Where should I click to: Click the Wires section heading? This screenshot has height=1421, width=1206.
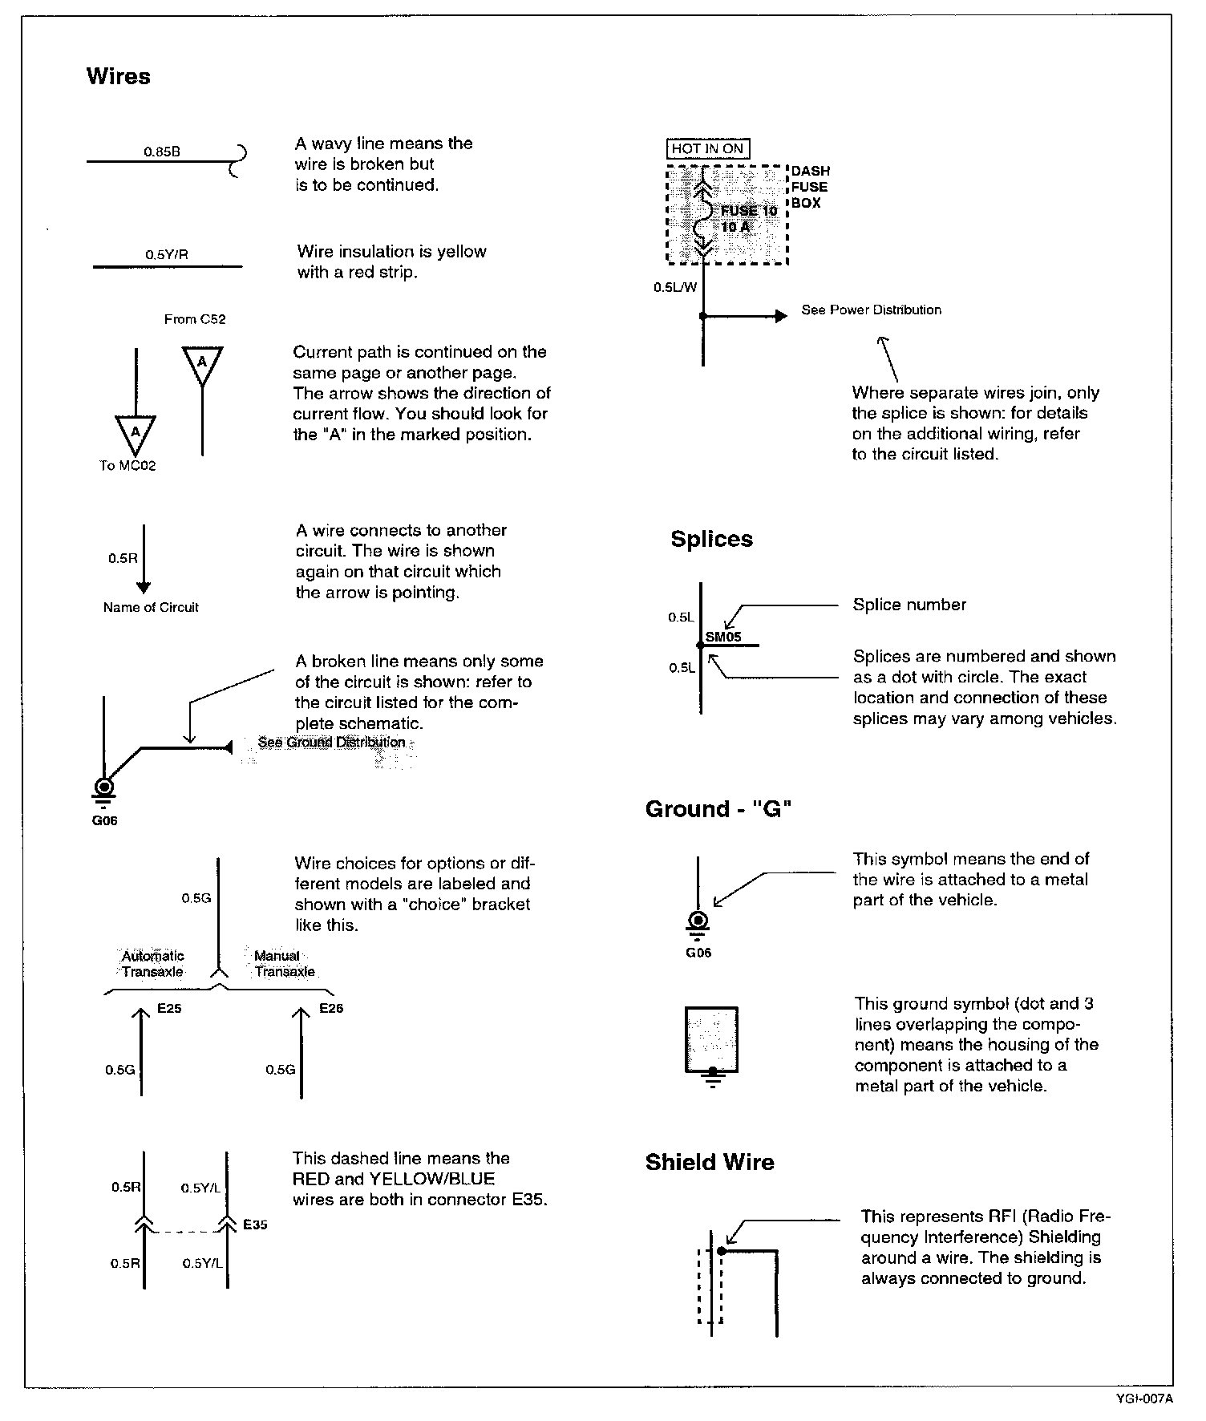pos(118,77)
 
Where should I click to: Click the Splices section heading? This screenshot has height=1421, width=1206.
pos(711,539)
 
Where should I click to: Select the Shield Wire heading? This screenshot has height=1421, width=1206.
pos(710,1162)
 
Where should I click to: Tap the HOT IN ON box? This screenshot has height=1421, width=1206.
pos(708,148)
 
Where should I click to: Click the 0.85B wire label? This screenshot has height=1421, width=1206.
pos(162,151)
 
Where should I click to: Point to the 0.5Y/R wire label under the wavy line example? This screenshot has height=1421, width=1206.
pos(167,255)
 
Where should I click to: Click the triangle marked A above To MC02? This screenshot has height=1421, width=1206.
pos(136,434)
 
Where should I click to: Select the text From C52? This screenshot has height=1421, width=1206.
pos(195,319)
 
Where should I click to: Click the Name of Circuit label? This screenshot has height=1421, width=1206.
pos(151,607)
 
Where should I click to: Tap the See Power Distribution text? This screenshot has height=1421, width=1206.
pos(871,310)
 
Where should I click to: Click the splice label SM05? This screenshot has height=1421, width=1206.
pos(723,638)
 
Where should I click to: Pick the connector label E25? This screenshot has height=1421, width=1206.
pos(169,1009)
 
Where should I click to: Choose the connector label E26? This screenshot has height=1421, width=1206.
pos(331,1009)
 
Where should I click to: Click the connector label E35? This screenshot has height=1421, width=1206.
pos(255,1225)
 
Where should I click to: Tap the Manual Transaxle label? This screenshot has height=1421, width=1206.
pos(284,963)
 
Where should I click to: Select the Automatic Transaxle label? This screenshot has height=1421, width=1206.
pos(152,963)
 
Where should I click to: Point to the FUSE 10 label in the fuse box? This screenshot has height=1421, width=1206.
pos(749,212)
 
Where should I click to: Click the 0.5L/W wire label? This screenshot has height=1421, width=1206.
pos(675,288)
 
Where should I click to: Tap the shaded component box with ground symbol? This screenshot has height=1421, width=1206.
pos(711,1039)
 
